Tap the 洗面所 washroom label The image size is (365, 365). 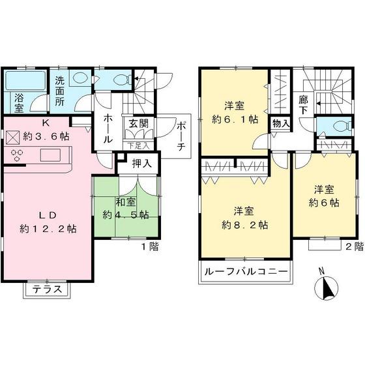(60, 91)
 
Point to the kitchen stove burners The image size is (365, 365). (16, 156)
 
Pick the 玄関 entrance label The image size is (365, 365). (136, 122)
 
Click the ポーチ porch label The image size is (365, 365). (181, 137)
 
